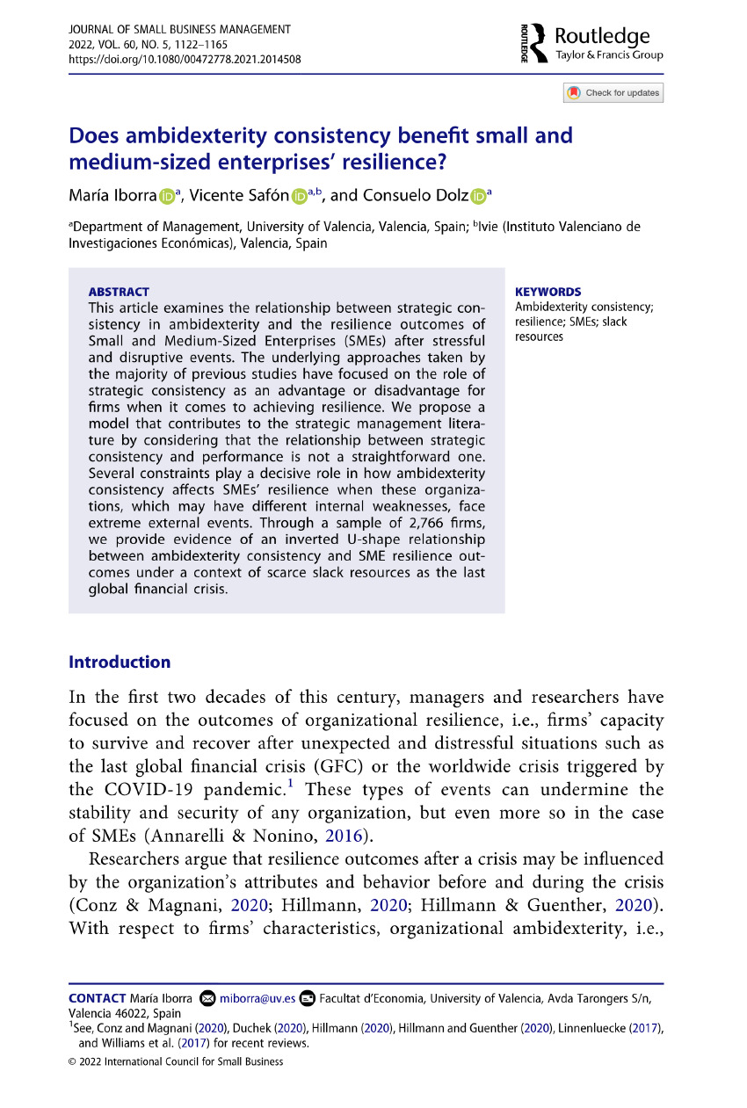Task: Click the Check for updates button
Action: point(613,93)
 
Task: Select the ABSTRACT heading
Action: point(119,292)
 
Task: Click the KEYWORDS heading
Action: point(548,292)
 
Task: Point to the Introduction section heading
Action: point(120,662)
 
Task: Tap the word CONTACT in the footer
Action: point(97,998)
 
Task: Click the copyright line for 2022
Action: point(176,1061)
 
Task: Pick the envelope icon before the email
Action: point(207,998)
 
